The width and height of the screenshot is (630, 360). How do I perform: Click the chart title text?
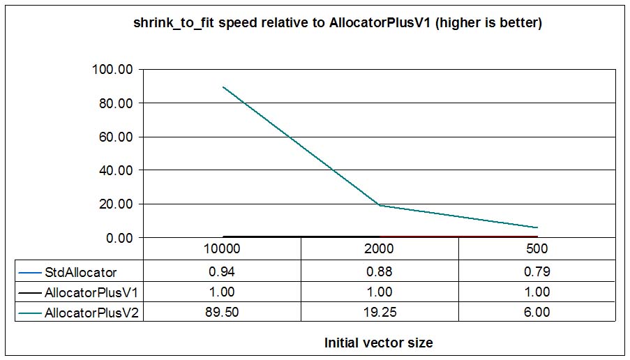pos(338,23)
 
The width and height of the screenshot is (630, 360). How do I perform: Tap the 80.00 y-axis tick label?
pos(115,103)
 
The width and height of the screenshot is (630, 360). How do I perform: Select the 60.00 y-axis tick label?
pos(115,137)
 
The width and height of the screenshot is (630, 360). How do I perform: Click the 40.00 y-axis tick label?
pos(115,170)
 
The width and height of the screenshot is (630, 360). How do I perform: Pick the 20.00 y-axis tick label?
pos(115,204)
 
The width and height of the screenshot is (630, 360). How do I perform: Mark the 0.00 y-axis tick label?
pos(119,238)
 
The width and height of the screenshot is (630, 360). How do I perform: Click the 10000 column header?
pos(222,249)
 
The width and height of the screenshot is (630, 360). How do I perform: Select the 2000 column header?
pos(380,249)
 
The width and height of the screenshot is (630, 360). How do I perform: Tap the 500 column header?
pos(537,249)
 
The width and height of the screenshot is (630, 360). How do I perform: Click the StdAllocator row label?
pos(80,271)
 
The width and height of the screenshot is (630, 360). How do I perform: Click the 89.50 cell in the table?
pos(222,313)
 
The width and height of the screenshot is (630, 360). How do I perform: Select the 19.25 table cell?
pos(380,313)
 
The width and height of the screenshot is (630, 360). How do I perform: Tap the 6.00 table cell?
pos(537,313)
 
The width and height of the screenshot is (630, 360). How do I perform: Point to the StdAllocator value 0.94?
pos(222,271)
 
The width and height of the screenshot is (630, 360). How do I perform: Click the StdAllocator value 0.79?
pos(537,271)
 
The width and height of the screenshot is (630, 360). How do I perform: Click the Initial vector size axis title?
pos(378,343)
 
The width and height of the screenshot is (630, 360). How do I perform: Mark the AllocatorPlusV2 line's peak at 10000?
pos(223,87)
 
